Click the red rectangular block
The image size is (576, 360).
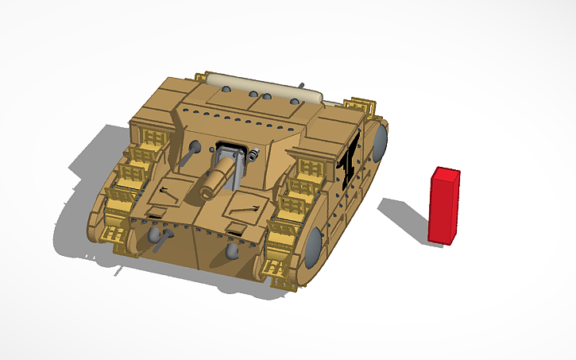445,205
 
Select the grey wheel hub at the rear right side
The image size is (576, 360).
379,141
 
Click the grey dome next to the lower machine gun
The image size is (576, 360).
152,238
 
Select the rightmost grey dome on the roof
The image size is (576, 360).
296,102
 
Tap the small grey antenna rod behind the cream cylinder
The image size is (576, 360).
302,84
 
